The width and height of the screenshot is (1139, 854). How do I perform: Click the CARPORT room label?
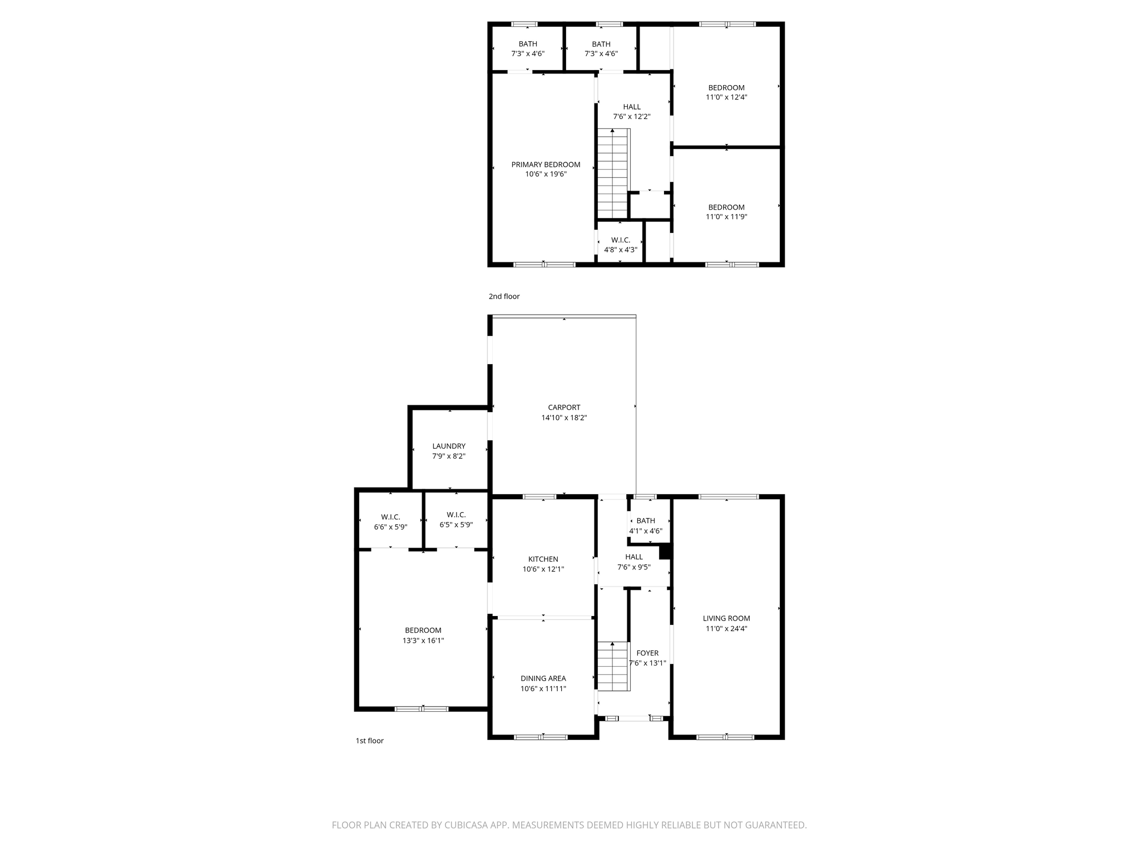(x=564, y=408)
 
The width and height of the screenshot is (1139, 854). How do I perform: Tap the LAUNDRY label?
(x=449, y=446)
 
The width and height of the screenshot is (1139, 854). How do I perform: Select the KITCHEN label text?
(x=543, y=559)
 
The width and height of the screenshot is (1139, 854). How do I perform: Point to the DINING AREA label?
(x=543, y=678)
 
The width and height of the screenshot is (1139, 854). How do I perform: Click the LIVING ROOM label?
(x=726, y=618)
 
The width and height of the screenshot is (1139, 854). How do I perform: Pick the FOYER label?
(x=647, y=653)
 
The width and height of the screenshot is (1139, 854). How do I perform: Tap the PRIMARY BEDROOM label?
(x=546, y=165)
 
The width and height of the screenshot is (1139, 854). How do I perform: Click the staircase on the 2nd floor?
(x=613, y=173)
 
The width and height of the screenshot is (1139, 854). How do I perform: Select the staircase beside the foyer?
(x=613, y=666)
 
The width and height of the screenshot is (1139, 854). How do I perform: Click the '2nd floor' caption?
(x=504, y=296)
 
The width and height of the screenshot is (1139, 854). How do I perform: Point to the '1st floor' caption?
(x=369, y=741)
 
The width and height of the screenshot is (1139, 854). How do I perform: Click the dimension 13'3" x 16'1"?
(x=423, y=640)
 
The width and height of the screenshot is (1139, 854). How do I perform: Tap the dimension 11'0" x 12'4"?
(x=726, y=97)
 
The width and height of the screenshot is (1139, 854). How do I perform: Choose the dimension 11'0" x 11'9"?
(x=726, y=217)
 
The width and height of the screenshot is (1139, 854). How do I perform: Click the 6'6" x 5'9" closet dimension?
(x=390, y=527)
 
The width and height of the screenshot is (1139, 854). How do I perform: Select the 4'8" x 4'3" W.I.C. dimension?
(x=621, y=250)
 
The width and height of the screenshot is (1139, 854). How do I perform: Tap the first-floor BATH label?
(x=646, y=521)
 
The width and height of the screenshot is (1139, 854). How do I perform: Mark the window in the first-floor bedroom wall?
(x=422, y=709)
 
